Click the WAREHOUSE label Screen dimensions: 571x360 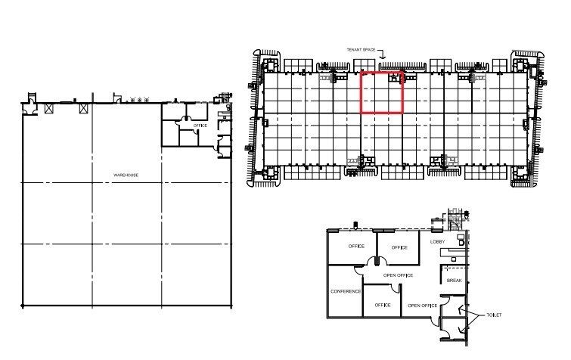126,175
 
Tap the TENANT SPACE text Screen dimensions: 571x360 361,50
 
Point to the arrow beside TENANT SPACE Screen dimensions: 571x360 382,54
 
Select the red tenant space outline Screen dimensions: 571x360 361,93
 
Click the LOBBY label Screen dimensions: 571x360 437,242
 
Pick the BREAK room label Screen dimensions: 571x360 454,281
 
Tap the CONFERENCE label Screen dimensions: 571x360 346,292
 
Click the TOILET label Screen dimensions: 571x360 494,315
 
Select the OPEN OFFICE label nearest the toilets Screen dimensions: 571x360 423,306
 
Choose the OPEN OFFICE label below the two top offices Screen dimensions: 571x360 398,275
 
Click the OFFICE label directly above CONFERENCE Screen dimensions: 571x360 356,247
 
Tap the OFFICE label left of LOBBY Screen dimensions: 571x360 399,248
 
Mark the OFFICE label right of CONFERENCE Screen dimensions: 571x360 383,306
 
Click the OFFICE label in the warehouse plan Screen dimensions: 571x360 200,126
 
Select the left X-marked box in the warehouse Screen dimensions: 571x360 49,108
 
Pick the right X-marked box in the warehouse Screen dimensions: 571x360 84,108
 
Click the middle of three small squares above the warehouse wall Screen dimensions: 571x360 139,100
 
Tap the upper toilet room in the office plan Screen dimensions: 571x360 453,306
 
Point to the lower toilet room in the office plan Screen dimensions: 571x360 453,329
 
